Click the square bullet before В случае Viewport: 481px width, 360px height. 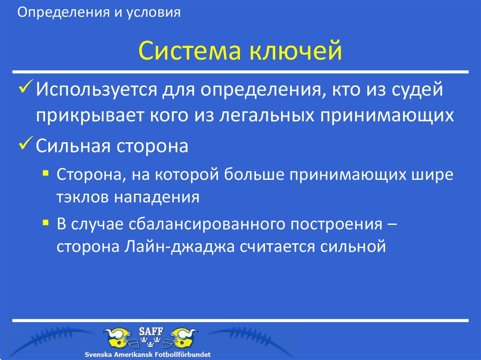point(45,222)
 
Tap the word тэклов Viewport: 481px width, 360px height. point(82,197)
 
